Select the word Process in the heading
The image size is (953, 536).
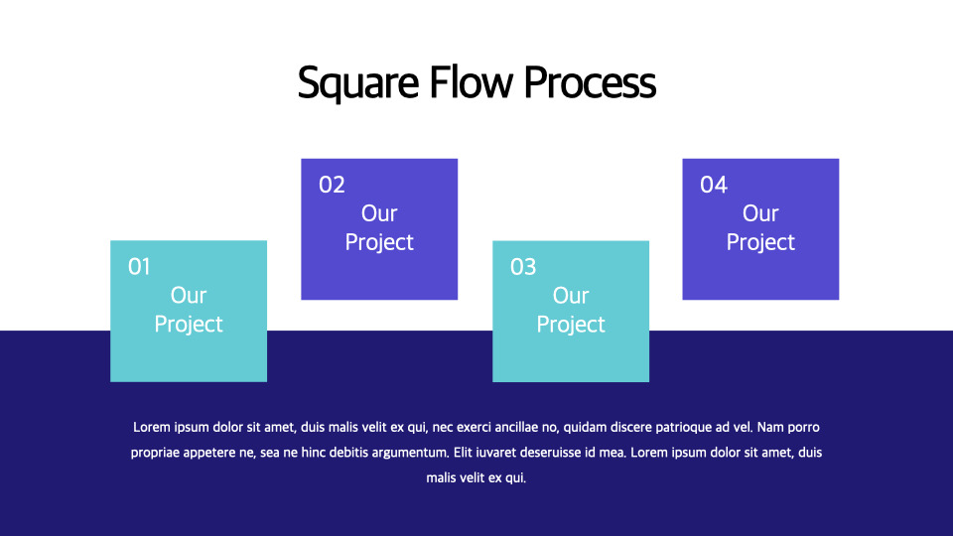point(590,83)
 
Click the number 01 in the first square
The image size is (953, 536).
point(139,266)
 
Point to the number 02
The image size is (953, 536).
point(332,185)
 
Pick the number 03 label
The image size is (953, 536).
point(523,267)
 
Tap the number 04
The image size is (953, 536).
point(714,185)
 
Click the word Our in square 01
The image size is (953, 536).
point(189,295)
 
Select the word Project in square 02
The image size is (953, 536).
point(379,242)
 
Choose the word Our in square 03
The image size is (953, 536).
point(571,295)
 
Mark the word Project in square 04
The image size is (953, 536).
point(760,242)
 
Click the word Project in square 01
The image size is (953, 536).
point(189,324)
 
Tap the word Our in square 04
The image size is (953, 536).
point(760,213)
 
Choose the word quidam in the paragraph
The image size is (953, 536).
point(586,428)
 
